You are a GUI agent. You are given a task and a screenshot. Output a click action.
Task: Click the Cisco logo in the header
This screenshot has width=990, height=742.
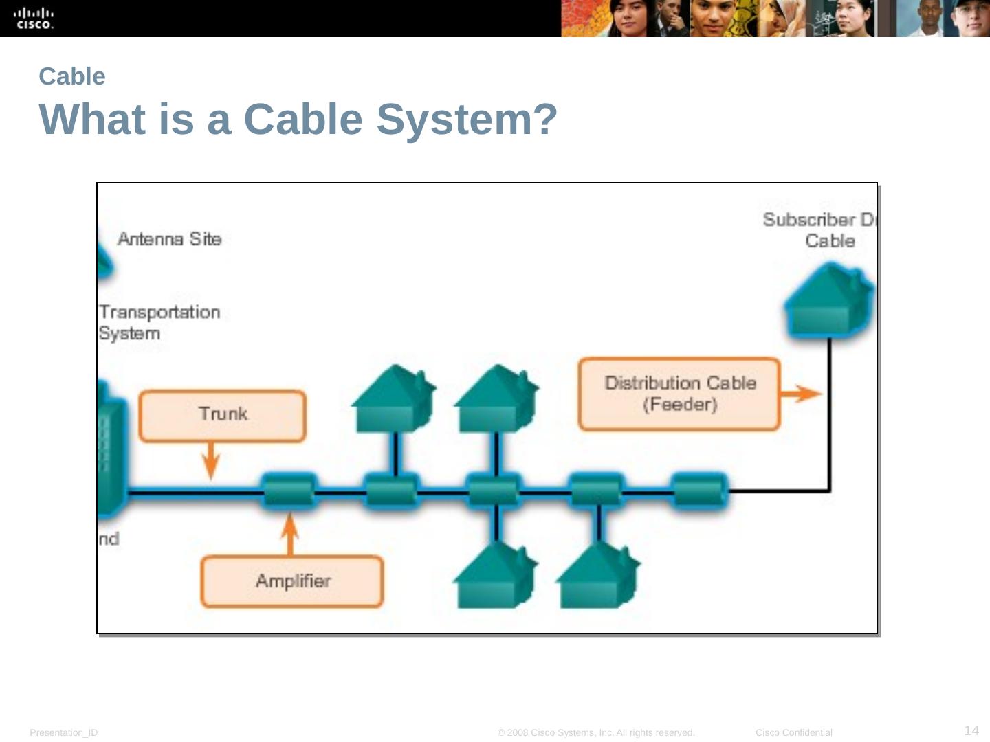tap(34, 19)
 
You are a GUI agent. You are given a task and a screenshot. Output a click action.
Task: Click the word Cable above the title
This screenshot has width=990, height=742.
tap(72, 76)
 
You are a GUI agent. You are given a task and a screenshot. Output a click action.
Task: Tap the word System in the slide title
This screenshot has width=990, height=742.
tap(466, 120)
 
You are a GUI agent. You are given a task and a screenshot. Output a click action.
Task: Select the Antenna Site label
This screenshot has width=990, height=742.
tap(169, 239)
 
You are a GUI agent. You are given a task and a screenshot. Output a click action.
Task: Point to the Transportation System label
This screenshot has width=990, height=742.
tap(159, 322)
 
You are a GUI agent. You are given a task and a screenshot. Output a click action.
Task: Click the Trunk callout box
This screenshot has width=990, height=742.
tap(223, 415)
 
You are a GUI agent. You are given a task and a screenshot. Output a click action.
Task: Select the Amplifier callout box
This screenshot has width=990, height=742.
tap(292, 581)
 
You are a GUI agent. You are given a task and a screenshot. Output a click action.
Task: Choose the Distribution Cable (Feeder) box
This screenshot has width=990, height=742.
tap(679, 394)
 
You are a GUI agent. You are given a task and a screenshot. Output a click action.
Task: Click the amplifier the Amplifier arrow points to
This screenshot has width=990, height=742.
tap(289, 491)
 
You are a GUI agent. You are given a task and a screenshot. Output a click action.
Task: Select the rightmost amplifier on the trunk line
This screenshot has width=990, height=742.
tap(698, 491)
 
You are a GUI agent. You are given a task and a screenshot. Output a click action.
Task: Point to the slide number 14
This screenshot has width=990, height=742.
tap(971, 730)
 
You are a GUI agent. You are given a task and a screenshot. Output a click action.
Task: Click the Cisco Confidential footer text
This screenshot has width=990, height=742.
tap(793, 732)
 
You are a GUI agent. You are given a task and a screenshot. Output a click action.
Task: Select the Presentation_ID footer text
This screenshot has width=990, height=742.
tap(64, 732)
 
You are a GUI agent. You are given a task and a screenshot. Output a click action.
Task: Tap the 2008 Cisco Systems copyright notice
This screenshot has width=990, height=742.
tap(596, 732)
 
